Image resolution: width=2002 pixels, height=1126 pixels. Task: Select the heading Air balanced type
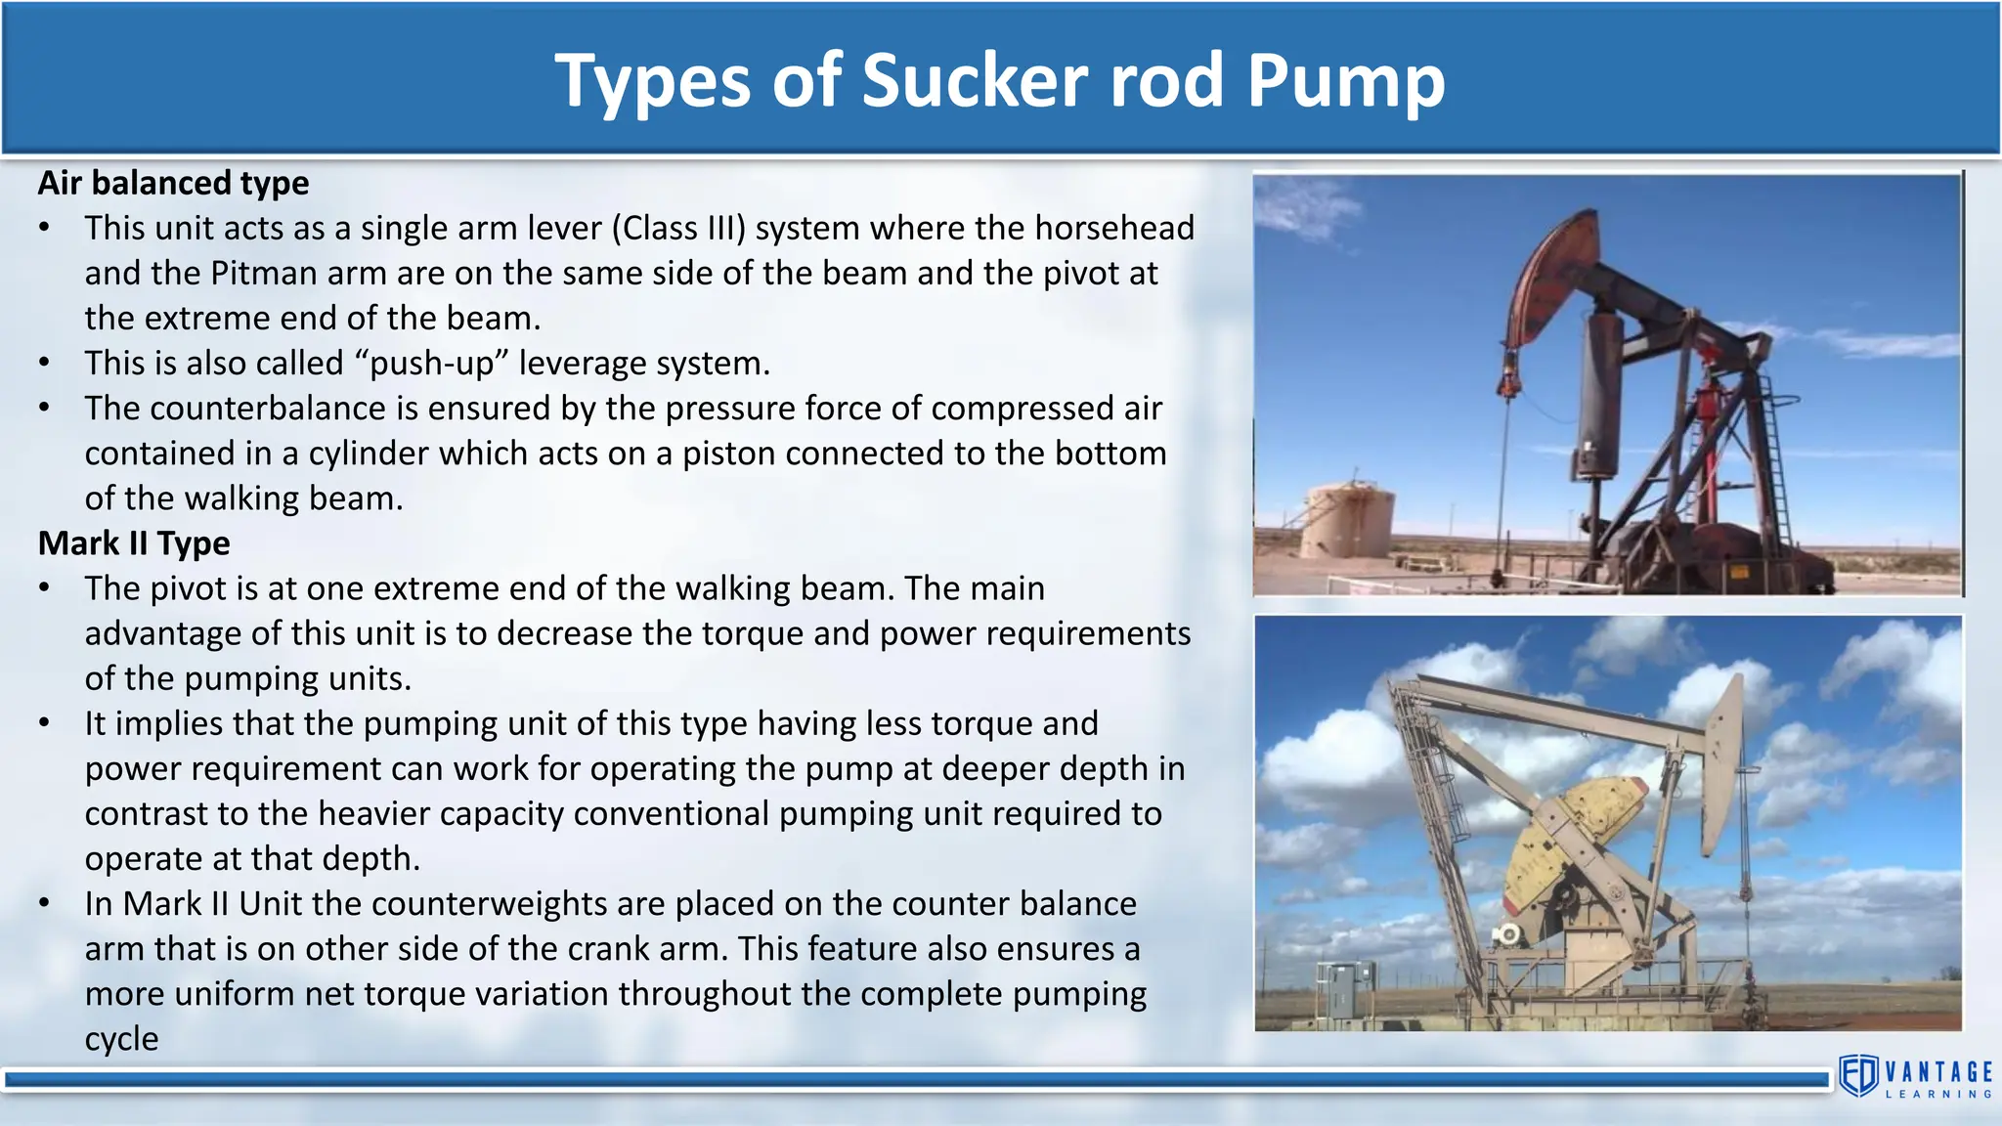coord(173,183)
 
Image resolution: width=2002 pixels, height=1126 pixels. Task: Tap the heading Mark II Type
coord(134,542)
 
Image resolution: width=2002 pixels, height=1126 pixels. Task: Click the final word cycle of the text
coord(121,1038)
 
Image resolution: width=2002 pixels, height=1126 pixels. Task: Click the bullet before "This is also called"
coord(44,363)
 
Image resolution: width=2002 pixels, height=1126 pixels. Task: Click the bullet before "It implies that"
coord(44,723)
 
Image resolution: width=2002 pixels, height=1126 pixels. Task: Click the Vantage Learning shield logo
coord(1858,1076)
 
